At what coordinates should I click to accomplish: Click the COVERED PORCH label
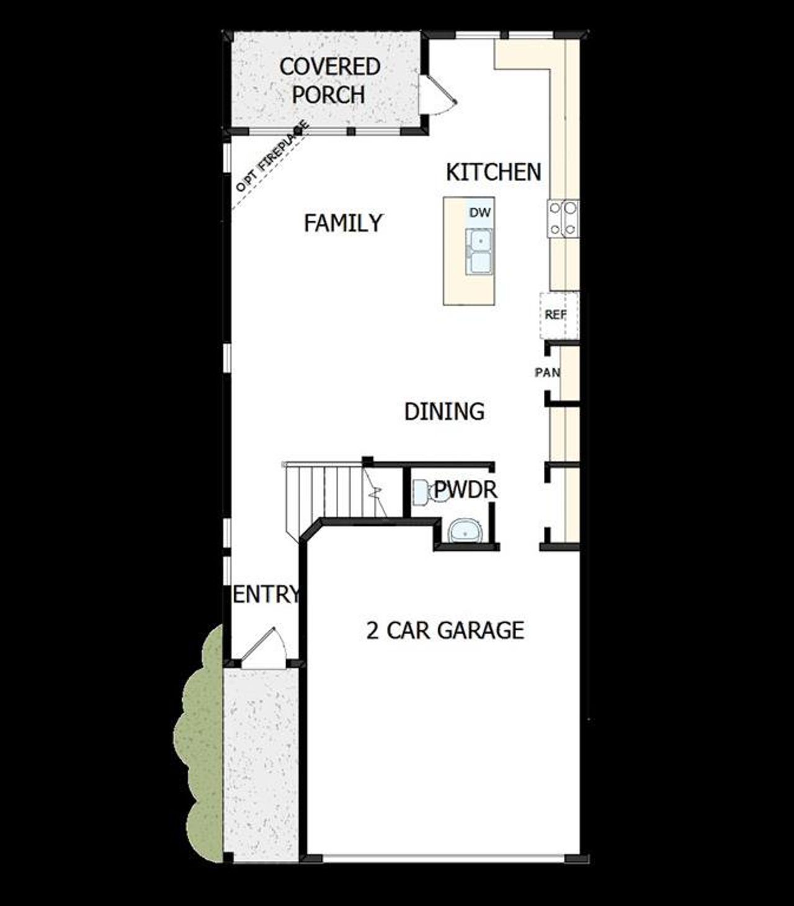pyautogui.click(x=329, y=81)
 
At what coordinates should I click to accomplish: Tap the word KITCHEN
pyautogui.click(x=493, y=172)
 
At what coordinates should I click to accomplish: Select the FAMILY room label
pyautogui.click(x=343, y=223)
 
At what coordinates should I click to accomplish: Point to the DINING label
pyautogui.click(x=444, y=412)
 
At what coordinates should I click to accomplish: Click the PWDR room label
pyautogui.click(x=465, y=490)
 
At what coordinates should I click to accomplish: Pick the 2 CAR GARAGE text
pyautogui.click(x=445, y=631)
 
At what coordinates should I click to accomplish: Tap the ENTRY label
pyautogui.click(x=265, y=595)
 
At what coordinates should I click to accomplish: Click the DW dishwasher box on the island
pyautogui.click(x=480, y=213)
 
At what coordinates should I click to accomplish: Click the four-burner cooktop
pyautogui.click(x=562, y=219)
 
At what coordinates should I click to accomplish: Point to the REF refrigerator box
pyautogui.click(x=556, y=315)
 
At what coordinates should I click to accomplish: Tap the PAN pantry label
pyautogui.click(x=547, y=373)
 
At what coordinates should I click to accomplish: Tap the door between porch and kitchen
pyautogui.click(x=437, y=95)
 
